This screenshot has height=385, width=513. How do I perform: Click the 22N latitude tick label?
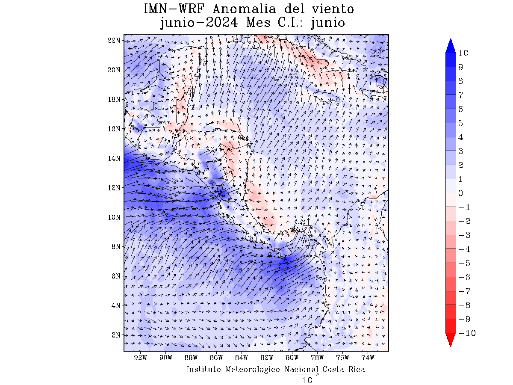click(113, 40)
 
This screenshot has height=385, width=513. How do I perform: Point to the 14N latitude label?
click(113, 158)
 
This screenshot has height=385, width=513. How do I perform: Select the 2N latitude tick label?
click(115, 335)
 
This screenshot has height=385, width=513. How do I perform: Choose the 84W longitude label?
click(242, 357)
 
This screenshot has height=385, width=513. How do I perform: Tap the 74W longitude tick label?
click(368, 357)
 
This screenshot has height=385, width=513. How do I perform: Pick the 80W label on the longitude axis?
click(292, 357)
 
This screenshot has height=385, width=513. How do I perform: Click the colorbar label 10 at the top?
click(463, 53)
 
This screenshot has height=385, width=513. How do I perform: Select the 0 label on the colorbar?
click(461, 193)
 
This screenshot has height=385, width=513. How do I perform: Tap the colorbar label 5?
click(461, 123)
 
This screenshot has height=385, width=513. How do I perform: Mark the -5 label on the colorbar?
click(464, 263)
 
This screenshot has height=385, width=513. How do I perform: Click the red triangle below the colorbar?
click(451, 340)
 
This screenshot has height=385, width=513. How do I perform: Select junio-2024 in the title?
click(199, 22)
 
